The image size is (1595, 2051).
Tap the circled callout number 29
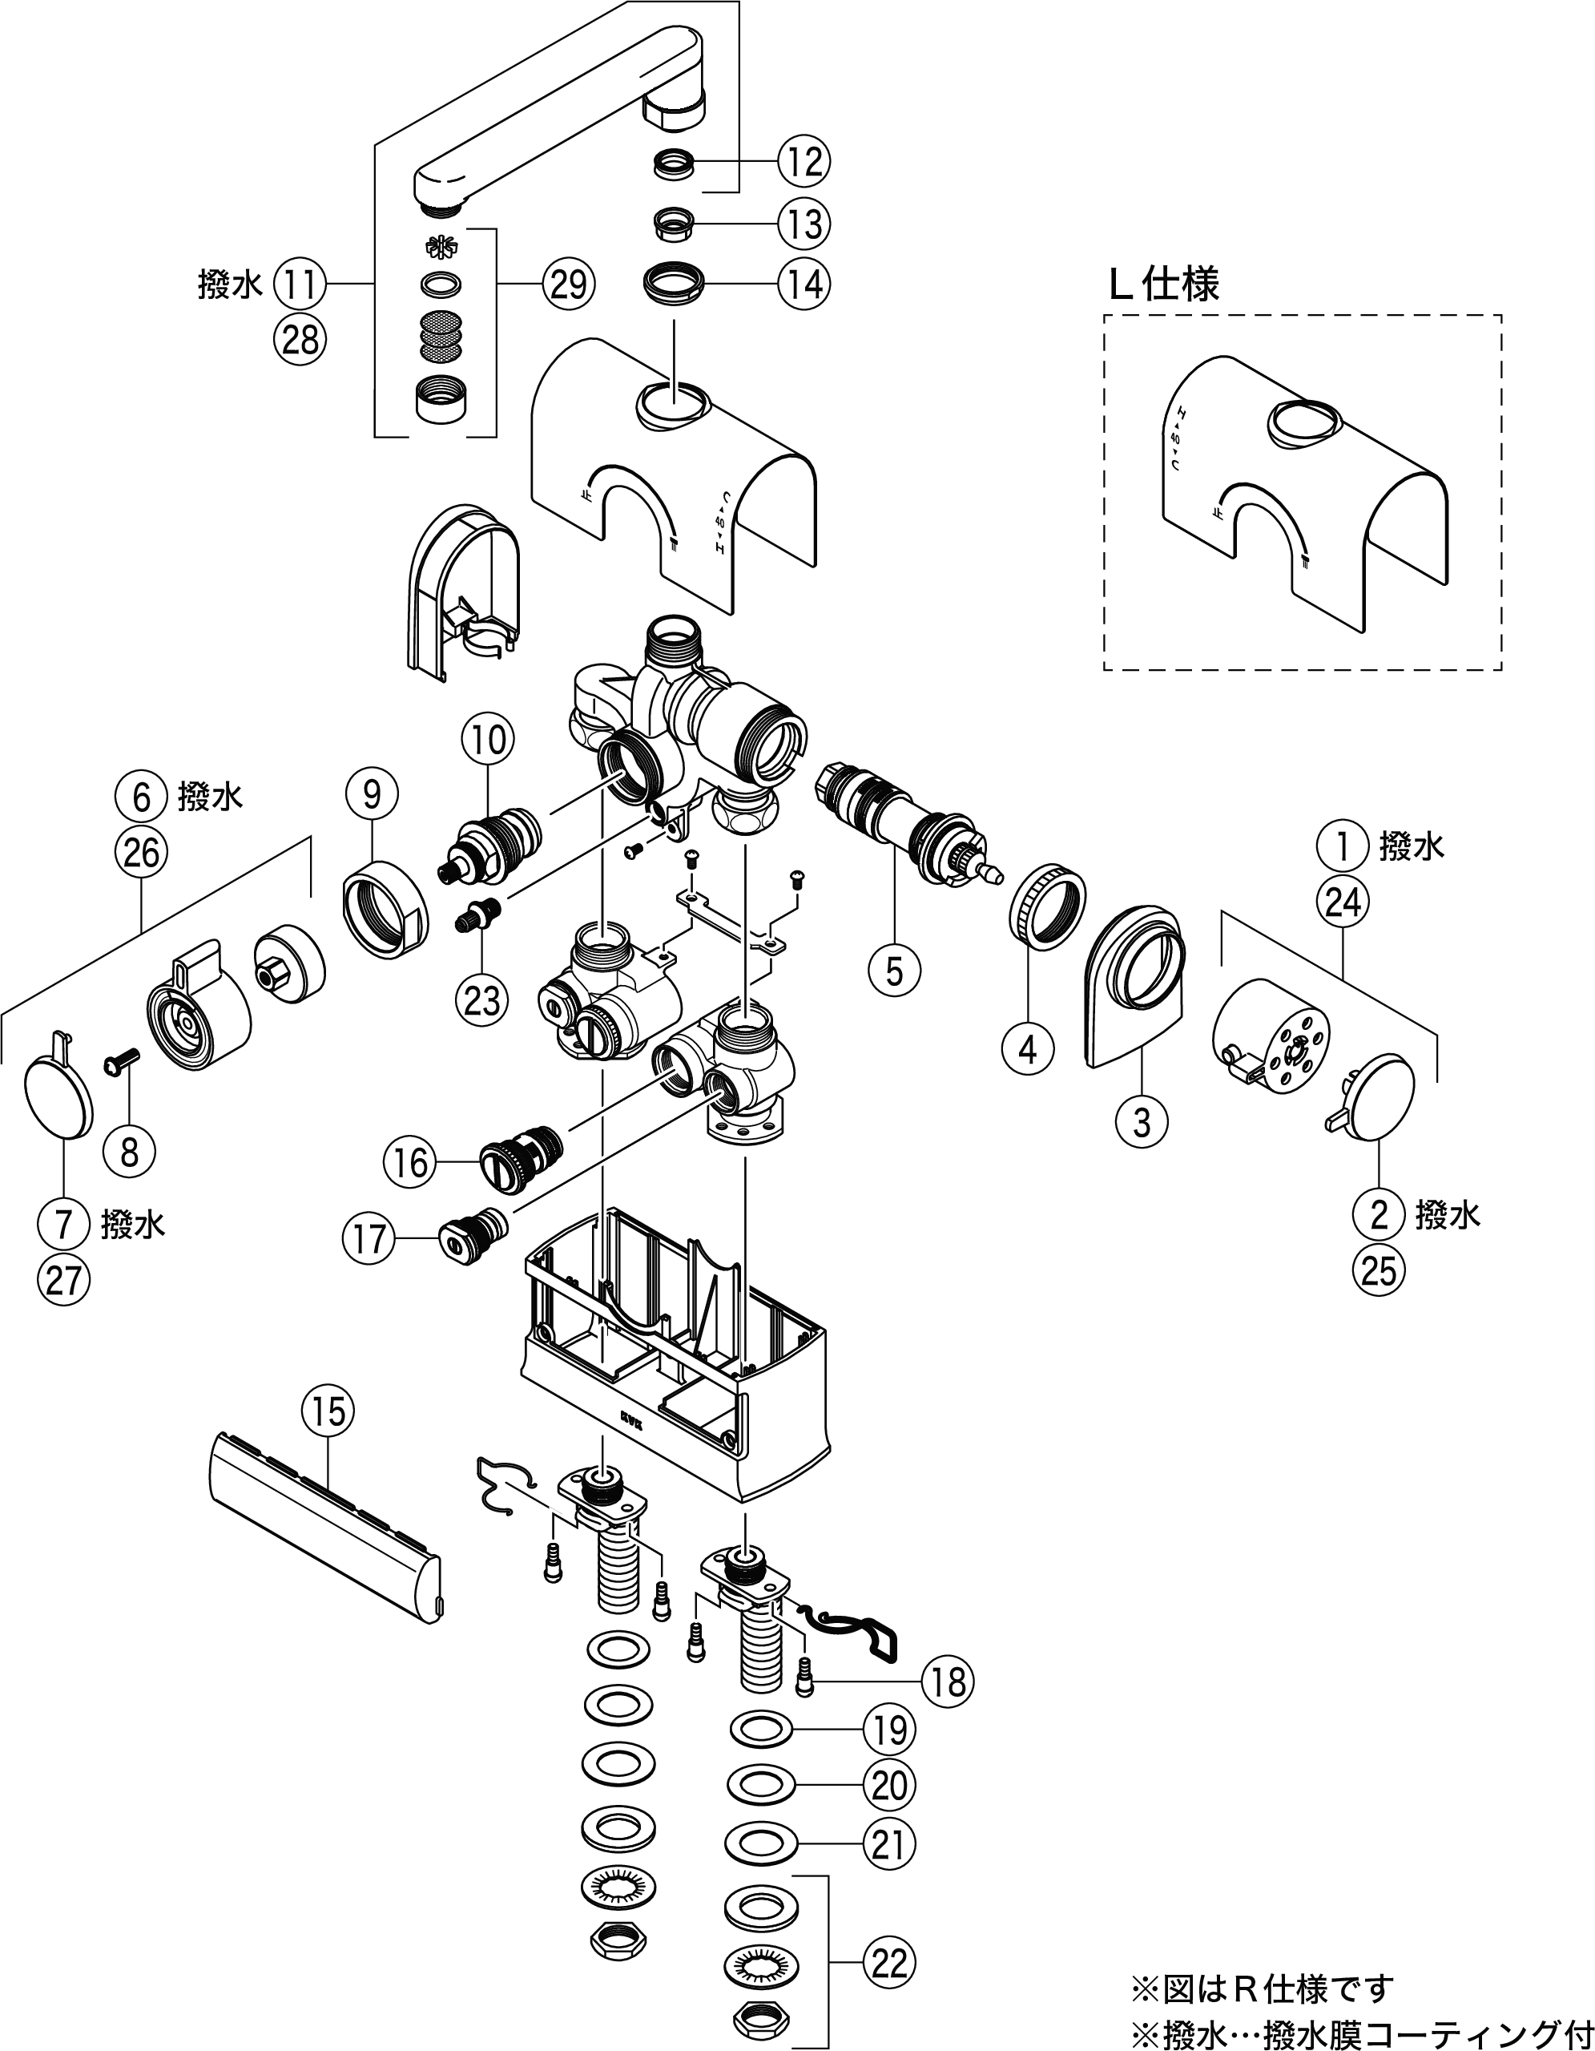coord(568,283)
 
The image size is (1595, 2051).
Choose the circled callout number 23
coord(481,1001)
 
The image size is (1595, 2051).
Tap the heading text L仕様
coord(1163,285)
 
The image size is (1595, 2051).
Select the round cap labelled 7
coord(59,1096)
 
